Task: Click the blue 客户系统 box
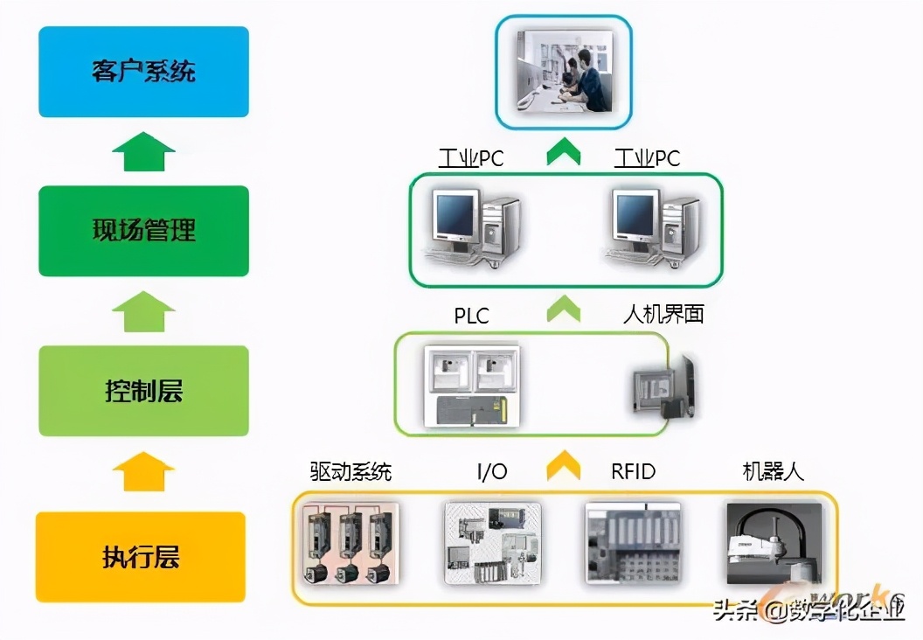pyautogui.click(x=143, y=72)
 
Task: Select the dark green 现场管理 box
pyautogui.click(x=143, y=231)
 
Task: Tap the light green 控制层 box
pyautogui.click(x=143, y=390)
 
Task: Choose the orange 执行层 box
pyautogui.click(x=140, y=557)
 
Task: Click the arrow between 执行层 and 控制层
pyautogui.click(x=143, y=472)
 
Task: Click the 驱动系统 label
pyautogui.click(x=350, y=472)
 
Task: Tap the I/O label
pyautogui.click(x=491, y=472)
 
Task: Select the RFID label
pyautogui.click(x=633, y=472)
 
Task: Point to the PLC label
pyautogui.click(x=471, y=315)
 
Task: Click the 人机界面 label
pyautogui.click(x=663, y=315)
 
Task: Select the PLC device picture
pyautogui.click(x=471, y=386)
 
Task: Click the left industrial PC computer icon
pyautogui.click(x=473, y=226)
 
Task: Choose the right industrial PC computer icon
pyautogui.click(x=652, y=226)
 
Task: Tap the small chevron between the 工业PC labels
pyautogui.click(x=563, y=155)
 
